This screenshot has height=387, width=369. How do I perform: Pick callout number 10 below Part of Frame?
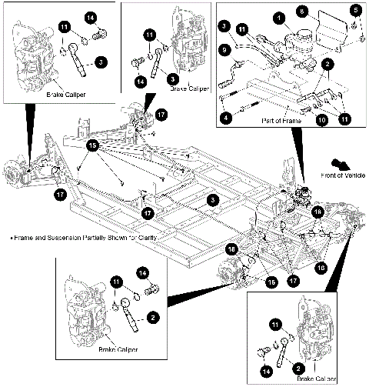point(322,120)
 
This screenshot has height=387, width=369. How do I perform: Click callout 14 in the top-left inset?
point(91,17)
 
